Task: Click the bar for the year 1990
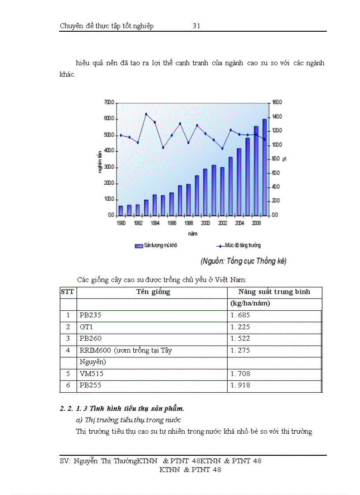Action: pos(121,211)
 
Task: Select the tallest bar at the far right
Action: pos(265,167)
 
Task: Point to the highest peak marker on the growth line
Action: pos(146,114)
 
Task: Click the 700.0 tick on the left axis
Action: pos(109,102)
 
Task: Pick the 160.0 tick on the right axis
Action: pos(277,102)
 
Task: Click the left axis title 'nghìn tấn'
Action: pos(101,158)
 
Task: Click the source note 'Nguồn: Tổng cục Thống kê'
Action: pos(243,261)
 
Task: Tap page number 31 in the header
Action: pos(197,26)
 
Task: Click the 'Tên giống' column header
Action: pos(153,292)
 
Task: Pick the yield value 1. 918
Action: pos(240,385)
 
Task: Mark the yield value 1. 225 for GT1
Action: pos(240,327)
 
